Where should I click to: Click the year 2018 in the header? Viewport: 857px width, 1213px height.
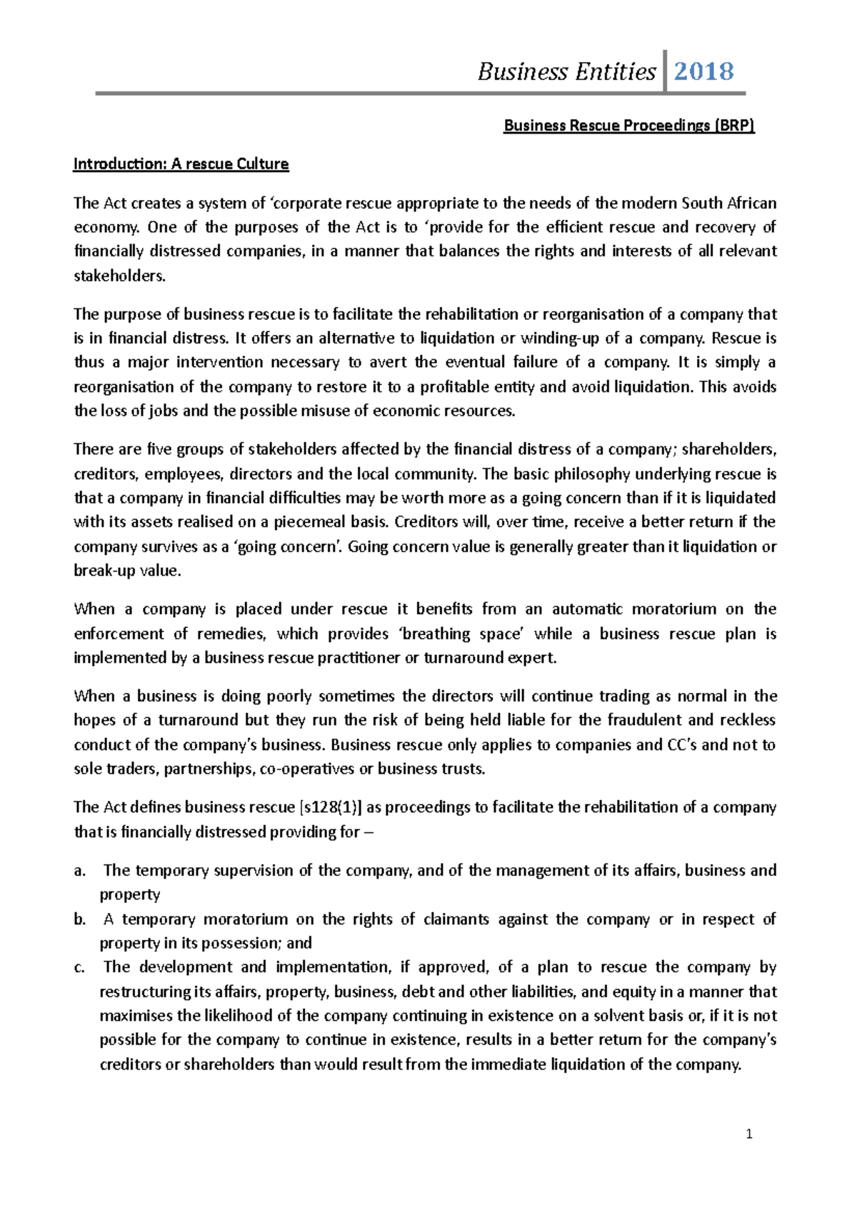point(703,71)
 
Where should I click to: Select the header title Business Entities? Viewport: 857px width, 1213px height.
point(566,71)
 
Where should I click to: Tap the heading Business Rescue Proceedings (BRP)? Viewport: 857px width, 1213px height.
point(629,126)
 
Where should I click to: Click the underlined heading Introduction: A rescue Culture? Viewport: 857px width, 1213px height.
point(181,164)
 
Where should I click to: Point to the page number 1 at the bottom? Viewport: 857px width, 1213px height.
point(749,1134)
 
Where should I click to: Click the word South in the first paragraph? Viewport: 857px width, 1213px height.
point(703,203)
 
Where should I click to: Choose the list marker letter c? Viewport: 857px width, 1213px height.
point(79,967)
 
